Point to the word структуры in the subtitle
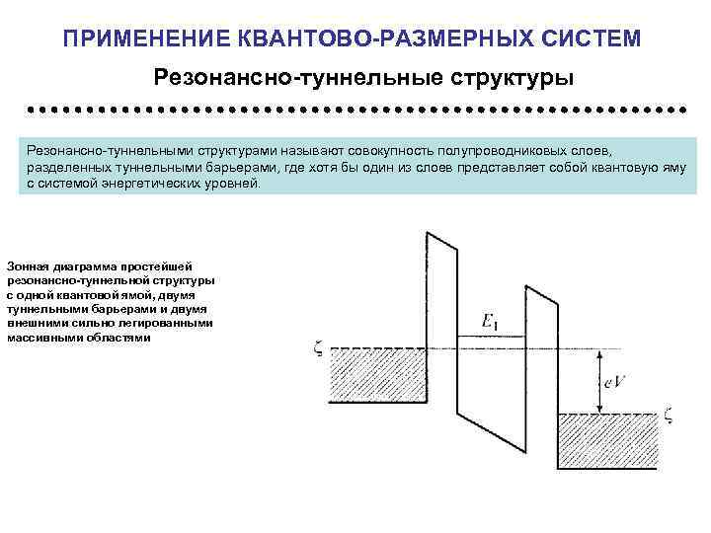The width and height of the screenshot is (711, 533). pyautogui.click(x=513, y=76)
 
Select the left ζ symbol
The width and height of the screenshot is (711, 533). pyautogui.click(x=318, y=347)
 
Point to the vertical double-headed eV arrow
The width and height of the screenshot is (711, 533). pyautogui.click(x=599, y=380)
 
